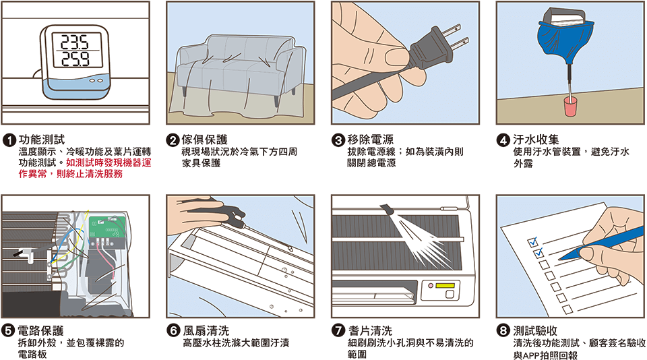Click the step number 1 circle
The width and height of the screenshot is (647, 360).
9,140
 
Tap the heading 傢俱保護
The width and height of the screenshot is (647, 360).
205,140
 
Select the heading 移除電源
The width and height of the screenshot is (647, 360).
371,140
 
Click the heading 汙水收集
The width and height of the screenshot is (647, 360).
536,140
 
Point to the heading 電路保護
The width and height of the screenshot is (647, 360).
40,331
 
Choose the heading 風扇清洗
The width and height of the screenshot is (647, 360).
206,331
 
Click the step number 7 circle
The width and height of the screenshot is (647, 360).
338,331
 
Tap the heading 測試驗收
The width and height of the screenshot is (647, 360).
536,331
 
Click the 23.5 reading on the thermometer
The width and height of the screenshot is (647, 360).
75,42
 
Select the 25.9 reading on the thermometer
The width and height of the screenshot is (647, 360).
75,59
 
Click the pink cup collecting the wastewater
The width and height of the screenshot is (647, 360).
571,107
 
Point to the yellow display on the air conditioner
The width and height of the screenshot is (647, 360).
445,285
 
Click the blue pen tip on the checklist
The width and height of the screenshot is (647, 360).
565,256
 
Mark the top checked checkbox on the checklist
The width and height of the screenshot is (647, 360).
532,241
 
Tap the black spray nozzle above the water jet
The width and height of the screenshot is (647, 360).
387,209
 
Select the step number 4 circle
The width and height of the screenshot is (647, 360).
503,140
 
